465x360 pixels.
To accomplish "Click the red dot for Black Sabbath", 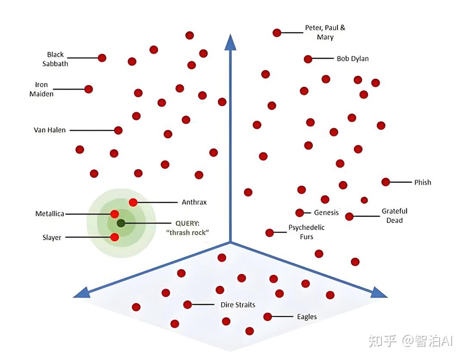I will [102, 58].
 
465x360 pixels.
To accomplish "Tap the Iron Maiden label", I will [41, 89].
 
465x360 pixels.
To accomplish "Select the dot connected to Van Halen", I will [118, 130].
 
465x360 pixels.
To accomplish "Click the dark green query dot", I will [121, 223].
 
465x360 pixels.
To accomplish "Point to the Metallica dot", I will [115, 214].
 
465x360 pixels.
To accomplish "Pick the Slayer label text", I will [52, 237].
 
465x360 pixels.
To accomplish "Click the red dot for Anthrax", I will [133, 202].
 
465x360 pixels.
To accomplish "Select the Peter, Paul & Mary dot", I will [277, 33].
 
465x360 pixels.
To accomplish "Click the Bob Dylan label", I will [353, 58].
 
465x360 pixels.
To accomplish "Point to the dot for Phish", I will [386, 182].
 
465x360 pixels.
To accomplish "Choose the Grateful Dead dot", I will [349, 216].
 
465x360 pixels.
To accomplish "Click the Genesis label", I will [326, 212].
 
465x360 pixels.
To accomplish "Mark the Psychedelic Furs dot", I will [270, 233].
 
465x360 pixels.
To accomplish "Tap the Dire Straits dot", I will [187, 305].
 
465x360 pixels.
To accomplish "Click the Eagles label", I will [307, 317].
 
